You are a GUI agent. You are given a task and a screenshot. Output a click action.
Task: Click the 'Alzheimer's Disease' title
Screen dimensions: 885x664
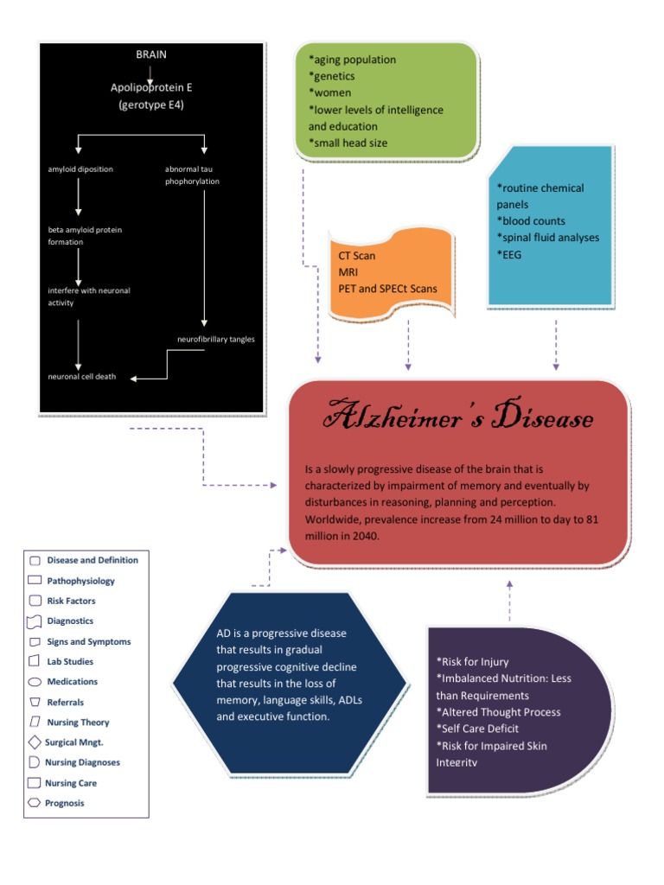point(458,419)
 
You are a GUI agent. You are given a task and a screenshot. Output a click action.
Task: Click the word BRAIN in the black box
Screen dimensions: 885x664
point(150,54)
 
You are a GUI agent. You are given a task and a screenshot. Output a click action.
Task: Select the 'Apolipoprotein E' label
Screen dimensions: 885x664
point(150,87)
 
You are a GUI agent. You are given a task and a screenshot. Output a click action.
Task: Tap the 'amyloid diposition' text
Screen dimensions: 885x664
point(80,169)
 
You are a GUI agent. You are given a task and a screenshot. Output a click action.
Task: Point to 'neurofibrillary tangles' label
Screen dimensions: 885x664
point(215,340)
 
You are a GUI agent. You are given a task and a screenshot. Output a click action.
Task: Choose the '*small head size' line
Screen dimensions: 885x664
point(348,143)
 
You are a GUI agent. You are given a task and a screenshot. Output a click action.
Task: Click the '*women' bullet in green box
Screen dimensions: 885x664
point(329,93)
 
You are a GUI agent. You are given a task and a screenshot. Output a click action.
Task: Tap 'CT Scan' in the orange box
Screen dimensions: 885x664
point(357,257)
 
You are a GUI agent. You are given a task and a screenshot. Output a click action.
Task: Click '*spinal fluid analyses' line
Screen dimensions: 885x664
point(547,238)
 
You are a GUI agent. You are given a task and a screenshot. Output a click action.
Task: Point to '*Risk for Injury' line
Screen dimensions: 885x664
point(478,662)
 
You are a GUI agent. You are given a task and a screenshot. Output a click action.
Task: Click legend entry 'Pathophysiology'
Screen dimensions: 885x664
point(80,581)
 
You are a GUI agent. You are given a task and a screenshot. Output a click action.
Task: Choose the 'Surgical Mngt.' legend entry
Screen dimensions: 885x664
point(80,742)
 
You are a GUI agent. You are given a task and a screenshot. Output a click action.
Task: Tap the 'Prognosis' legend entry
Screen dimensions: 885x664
point(65,803)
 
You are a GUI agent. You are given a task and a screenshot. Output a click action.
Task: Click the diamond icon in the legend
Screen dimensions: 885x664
point(34,742)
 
